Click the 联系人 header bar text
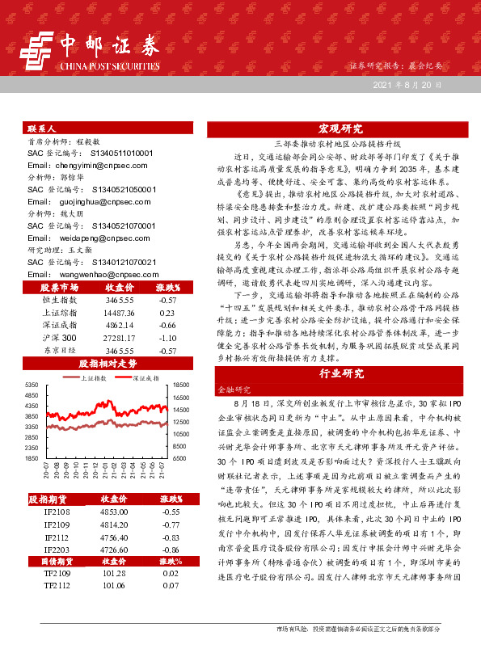(42, 128)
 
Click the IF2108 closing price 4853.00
(114, 512)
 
